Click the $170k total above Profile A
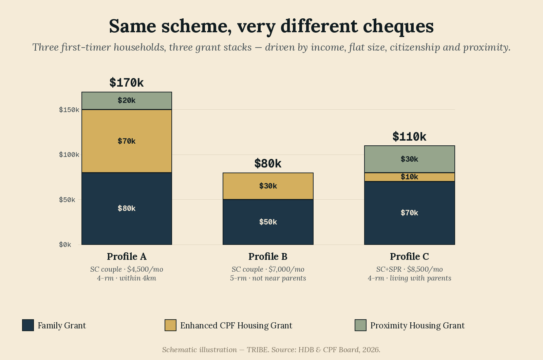(x=127, y=83)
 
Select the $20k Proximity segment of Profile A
(x=127, y=101)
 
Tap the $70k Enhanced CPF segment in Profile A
(x=127, y=141)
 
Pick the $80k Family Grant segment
(x=127, y=209)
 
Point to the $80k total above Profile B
(x=268, y=163)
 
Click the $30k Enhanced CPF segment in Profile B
(x=268, y=186)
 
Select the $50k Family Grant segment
(x=268, y=222)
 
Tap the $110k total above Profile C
(x=409, y=137)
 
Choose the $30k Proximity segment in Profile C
(x=409, y=159)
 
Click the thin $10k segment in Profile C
(x=409, y=177)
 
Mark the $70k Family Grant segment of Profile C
(x=409, y=213)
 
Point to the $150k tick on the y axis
(x=69, y=110)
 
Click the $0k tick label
(x=65, y=245)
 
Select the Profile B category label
(x=268, y=256)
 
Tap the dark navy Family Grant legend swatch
(x=28, y=325)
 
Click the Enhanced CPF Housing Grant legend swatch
(x=170, y=325)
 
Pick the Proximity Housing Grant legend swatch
(x=360, y=325)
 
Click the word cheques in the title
(x=398, y=27)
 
